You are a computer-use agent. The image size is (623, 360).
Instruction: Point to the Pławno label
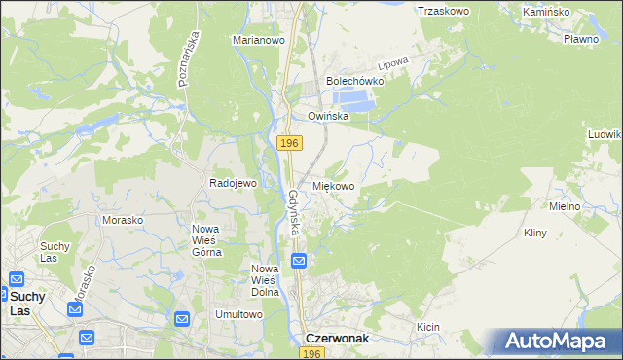coord(580,40)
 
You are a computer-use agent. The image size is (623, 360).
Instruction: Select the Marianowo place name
coord(257,41)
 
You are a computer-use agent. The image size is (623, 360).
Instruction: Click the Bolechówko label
coord(355,82)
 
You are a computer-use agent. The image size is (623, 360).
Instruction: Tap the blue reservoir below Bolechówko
coord(353,99)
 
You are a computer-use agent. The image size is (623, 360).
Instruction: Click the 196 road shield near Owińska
coord(288,143)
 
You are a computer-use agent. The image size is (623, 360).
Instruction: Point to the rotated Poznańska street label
coord(189,59)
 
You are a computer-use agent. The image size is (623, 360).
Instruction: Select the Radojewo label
coord(233,183)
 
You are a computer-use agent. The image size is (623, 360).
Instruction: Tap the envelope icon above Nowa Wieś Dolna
coord(299,261)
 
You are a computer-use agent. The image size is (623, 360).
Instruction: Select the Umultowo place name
coord(239,314)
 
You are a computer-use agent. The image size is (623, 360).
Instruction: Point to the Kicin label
coord(429,328)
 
